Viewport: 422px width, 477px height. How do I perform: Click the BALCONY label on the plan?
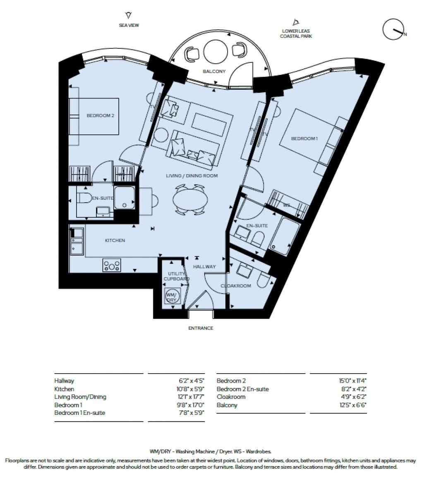[214, 71]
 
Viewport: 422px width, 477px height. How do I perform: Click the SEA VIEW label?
[129, 25]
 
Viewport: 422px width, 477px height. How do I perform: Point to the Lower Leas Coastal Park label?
[295, 34]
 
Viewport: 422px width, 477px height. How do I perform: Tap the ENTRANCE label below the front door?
[201, 328]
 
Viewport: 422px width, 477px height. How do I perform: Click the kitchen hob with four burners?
[112, 265]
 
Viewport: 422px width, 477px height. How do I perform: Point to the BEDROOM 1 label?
[304, 139]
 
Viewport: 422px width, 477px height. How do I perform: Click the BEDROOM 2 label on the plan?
[100, 115]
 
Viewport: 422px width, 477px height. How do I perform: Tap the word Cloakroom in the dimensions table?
[231, 397]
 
